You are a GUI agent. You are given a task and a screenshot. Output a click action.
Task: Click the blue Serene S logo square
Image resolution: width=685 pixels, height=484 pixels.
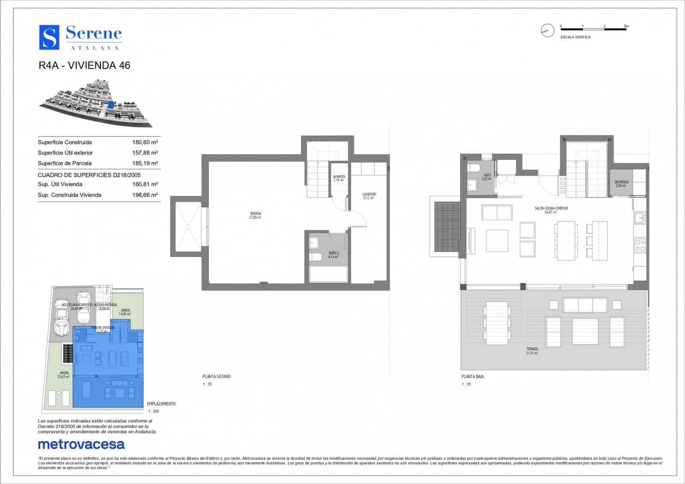pos(49,37)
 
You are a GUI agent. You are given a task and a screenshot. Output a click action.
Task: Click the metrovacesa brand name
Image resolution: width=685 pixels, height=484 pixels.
pos(81,444)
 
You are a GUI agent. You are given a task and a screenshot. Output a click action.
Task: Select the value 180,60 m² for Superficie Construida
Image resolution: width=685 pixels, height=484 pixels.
pos(145,142)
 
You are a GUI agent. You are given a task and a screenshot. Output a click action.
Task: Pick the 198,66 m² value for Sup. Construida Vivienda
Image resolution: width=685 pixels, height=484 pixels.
pos(145,195)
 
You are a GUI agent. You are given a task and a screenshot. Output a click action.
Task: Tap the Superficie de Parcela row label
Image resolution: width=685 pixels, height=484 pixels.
pos(65,163)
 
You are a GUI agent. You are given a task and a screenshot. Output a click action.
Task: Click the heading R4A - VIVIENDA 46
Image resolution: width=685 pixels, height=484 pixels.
pos(84,65)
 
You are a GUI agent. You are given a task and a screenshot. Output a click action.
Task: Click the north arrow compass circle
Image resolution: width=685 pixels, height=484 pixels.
pos(547,30)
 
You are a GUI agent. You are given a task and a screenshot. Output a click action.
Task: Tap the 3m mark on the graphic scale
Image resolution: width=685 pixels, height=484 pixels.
pos(626,27)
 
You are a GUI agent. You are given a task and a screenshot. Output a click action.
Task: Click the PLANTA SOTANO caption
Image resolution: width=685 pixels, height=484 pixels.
pos(216,377)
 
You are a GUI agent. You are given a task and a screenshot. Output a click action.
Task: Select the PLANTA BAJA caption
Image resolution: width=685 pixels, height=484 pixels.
pos(473,377)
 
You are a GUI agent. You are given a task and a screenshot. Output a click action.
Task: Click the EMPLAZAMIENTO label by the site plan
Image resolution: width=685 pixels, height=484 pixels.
pos(161,404)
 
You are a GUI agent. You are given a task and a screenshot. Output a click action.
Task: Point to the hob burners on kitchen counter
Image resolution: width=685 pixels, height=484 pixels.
pos(640,245)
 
